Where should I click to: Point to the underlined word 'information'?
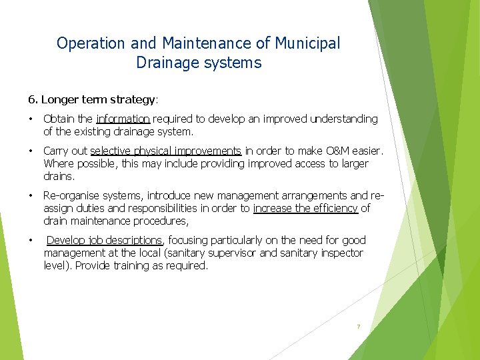(x=123, y=119)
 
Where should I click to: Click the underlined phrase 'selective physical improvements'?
(x=165, y=151)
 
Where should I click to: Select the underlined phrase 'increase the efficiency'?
(x=305, y=209)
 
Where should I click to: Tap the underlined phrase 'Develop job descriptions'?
(x=104, y=240)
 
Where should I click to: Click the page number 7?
(x=358, y=327)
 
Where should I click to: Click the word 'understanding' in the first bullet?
(x=343, y=119)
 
